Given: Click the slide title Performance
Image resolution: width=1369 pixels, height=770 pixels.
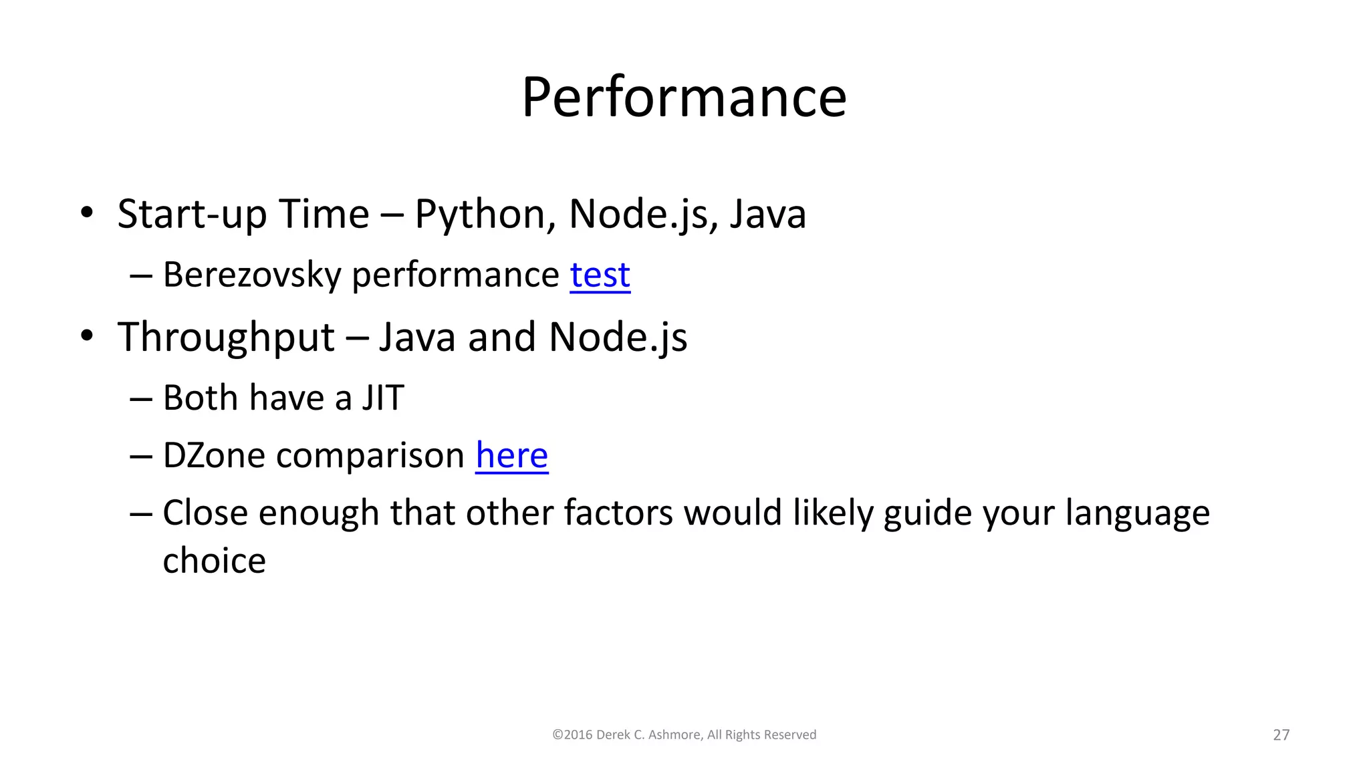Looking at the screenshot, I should coord(684,98).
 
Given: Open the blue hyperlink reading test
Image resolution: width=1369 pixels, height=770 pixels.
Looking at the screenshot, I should coord(600,275).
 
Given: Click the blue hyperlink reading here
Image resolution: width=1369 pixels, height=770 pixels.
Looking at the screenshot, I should coord(511,456).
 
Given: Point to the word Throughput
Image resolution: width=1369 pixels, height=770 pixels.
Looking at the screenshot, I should coord(226,338).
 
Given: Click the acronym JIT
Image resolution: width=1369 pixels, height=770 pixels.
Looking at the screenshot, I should coord(383,398).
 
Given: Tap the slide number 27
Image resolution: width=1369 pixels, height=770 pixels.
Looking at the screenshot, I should coord(1281,735).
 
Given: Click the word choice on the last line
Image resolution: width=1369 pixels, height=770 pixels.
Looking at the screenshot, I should coord(214,561).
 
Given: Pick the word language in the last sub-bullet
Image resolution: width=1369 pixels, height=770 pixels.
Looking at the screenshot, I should coord(1137,514).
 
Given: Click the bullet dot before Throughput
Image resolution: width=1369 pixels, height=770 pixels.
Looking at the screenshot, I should coord(86,336).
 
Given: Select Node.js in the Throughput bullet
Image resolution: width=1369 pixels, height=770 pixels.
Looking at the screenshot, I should coord(618,338).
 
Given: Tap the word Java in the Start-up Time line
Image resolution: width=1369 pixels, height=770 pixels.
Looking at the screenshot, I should coord(767,215).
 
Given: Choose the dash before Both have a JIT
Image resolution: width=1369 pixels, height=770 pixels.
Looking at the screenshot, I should coord(141,399).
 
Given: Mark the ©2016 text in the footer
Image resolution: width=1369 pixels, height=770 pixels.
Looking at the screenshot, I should coord(572,735).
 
